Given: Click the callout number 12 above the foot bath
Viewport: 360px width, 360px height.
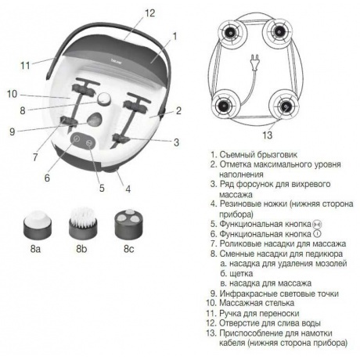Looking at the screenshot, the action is pyautogui.click(x=149, y=13).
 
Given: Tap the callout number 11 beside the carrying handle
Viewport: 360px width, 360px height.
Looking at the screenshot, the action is pyautogui.click(x=25, y=65).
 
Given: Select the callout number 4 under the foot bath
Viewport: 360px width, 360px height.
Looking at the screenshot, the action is pyautogui.click(x=128, y=189).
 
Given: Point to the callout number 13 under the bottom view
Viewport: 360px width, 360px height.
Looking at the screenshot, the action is pyautogui.click(x=267, y=135).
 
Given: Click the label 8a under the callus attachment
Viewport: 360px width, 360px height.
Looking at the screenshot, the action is pyautogui.click(x=35, y=249).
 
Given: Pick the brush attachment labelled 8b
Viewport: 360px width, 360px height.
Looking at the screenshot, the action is pyautogui.click(x=83, y=223).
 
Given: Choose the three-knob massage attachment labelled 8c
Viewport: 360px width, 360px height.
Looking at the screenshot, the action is pyautogui.click(x=129, y=224).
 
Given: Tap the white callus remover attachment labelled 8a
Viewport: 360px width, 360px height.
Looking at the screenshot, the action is pyautogui.click(x=37, y=225).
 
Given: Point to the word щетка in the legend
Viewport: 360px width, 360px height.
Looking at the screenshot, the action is pyautogui.click(x=241, y=274).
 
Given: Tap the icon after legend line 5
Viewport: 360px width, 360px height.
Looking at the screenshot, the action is pyautogui.click(x=317, y=224).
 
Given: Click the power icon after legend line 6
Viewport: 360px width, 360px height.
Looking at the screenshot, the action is pyautogui.click(x=317, y=234).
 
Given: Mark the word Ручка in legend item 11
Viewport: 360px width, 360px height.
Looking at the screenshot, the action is pyautogui.click(x=230, y=313).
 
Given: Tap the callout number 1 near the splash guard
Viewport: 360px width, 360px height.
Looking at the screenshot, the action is pyautogui.click(x=175, y=37).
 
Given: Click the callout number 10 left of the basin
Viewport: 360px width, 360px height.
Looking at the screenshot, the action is pyautogui.click(x=12, y=94).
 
